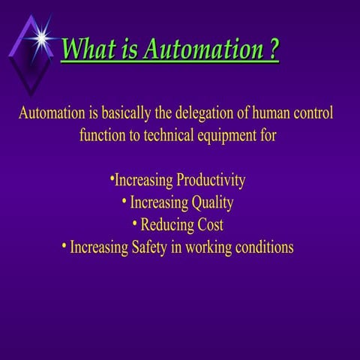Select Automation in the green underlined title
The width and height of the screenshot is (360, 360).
(201, 49)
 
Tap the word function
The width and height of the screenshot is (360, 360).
(104, 137)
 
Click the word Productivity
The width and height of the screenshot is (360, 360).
(209, 181)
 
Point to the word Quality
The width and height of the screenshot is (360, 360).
(213, 202)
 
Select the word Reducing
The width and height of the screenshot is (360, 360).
(167, 225)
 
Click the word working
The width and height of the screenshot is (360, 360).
(211, 247)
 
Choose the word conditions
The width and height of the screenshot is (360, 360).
(265, 247)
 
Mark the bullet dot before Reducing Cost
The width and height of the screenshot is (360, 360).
(134, 223)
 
